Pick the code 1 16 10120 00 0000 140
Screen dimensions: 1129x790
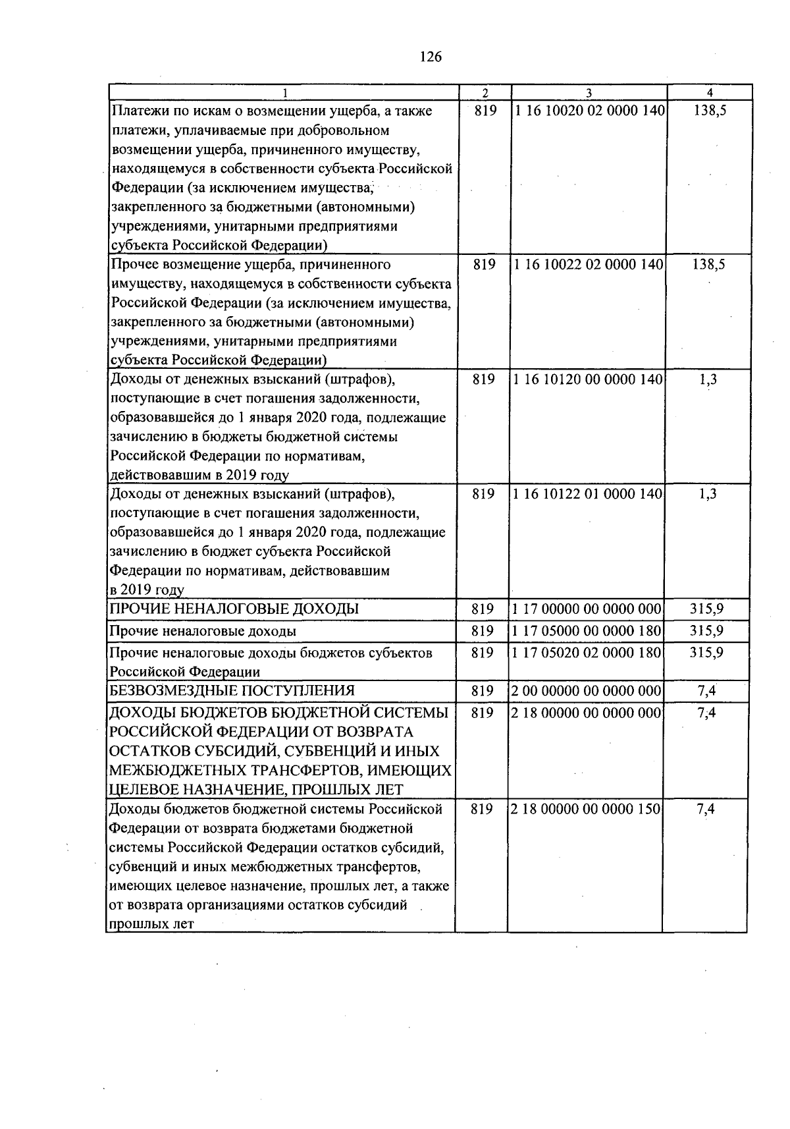(x=588, y=379)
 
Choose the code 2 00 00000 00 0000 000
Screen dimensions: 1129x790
(x=586, y=691)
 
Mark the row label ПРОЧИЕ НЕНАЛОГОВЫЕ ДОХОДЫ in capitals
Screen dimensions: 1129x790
(x=234, y=609)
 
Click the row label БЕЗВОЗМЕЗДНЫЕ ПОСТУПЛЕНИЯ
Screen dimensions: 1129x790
(x=232, y=690)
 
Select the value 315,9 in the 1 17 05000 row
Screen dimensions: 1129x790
(x=706, y=631)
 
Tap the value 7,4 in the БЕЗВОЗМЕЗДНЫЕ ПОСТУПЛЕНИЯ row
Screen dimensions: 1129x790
(x=706, y=691)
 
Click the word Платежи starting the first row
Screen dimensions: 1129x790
(x=133, y=111)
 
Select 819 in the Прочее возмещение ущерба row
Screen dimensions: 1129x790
(x=484, y=265)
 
